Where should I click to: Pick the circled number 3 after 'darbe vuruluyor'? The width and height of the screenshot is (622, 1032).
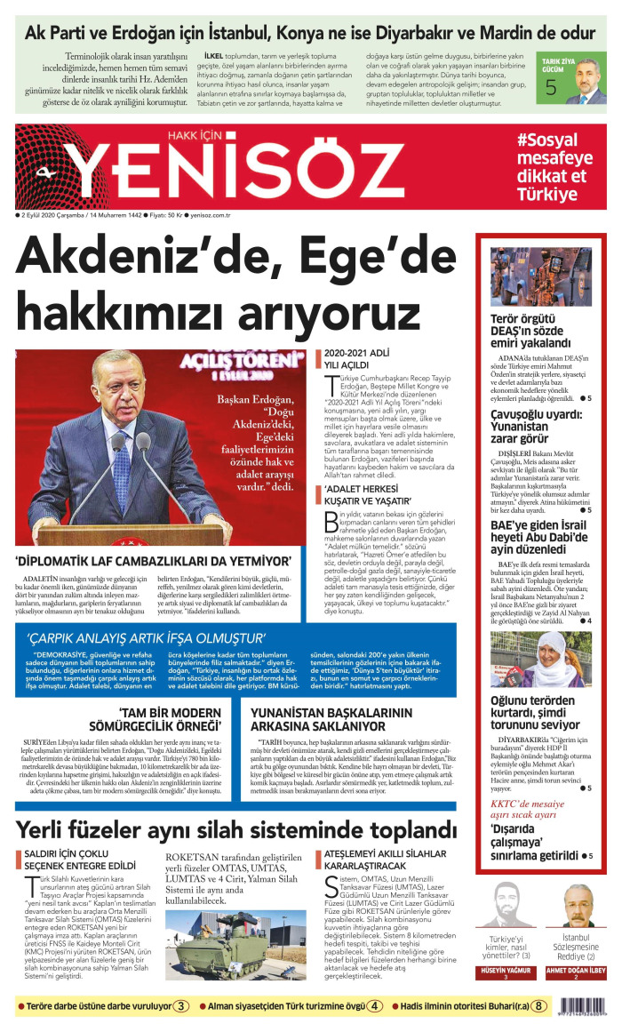180,1007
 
